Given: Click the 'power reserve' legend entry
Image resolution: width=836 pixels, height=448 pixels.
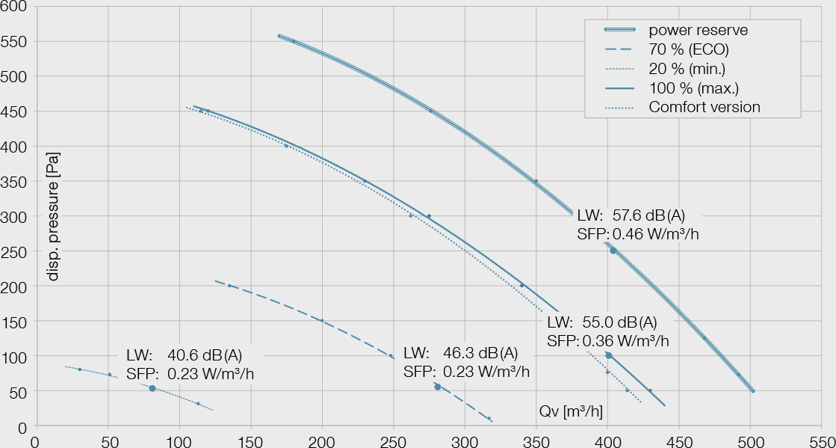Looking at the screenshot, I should pos(698,31).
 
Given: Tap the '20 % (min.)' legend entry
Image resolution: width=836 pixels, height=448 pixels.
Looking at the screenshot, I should pos(687,70).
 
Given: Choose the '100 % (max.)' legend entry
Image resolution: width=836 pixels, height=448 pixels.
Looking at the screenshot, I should pos(693,88).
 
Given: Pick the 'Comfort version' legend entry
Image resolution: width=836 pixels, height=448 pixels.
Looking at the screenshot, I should pos(704,107).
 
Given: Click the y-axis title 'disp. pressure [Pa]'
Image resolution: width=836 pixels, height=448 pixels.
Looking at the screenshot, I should pos(53,216).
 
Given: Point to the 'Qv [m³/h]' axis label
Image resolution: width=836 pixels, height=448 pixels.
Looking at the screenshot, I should pos(571,411).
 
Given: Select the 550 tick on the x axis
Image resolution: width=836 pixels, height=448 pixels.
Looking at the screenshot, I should pos(822,441).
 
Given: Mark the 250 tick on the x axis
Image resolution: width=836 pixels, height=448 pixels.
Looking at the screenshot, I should pos(394,441).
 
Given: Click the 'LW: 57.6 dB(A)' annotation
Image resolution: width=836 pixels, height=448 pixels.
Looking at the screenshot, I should pos(631,215).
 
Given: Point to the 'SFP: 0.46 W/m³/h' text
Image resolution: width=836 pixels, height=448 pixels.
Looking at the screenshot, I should pos(638,234).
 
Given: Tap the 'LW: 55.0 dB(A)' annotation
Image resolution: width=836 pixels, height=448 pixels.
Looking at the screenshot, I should pos(602,322).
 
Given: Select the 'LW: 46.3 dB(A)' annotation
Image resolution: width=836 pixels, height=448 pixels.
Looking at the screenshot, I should pos(460,353).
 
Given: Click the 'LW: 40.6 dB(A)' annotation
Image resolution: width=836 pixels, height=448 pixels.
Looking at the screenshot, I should pos(185,355).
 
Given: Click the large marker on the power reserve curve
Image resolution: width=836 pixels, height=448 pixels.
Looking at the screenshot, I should pos(613,251).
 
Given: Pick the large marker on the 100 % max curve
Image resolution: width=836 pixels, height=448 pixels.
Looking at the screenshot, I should pos(609,355).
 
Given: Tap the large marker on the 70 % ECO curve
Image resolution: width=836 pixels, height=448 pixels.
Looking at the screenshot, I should pos(438,387).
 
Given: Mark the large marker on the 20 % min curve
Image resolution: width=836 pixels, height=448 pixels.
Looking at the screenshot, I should pos(152,388).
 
